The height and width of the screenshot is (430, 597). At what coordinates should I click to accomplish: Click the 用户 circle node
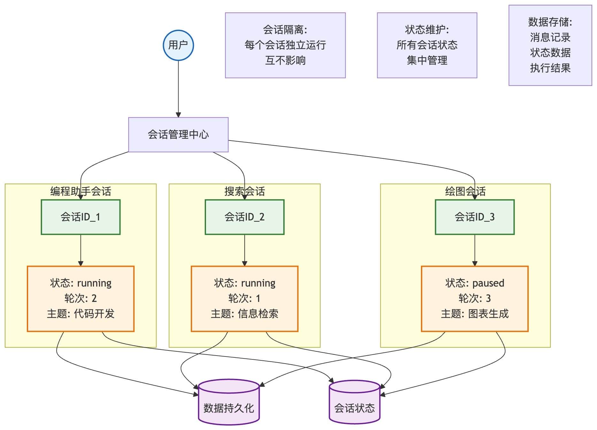tap(178, 45)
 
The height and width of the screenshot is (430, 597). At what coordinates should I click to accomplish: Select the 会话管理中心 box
tap(178, 134)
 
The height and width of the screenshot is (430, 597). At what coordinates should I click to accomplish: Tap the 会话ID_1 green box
tap(80, 217)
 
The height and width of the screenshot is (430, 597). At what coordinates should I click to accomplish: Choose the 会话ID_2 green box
tap(244, 217)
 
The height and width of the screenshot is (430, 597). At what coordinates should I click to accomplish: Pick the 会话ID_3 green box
tap(474, 217)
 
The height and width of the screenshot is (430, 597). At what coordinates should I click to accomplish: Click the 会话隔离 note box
tap(285, 45)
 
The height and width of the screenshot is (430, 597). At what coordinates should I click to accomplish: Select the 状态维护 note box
tap(427, 45)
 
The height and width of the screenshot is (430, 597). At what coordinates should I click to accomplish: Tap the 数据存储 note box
tap(550, 45)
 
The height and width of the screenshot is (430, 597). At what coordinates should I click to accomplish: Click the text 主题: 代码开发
tap(80, 314)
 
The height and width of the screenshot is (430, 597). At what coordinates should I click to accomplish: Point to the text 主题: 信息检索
tap(244, 314)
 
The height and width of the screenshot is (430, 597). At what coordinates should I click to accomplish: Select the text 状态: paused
tap(474, 283)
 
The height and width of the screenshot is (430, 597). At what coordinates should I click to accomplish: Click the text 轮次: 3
tap(474, 298)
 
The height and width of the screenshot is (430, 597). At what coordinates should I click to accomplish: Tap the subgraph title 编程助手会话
tap(80, 191)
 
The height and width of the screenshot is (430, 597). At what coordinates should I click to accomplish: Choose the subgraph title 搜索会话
tap(244, 191)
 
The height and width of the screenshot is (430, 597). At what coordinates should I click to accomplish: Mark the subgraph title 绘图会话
tap(465, 191)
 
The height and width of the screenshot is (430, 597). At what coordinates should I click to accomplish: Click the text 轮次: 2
tap(80, 298)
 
